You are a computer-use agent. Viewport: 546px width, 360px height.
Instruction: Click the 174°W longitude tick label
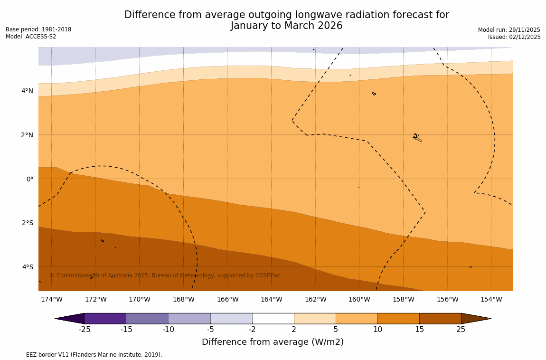pos(51,299)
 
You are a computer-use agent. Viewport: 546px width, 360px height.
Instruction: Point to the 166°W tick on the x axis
pos(227,299)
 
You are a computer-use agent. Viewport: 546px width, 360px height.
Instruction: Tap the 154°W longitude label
pos(491,299)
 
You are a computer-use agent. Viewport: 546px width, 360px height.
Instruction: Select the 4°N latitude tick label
pos(28,91)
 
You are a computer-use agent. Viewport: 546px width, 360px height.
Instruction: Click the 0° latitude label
pos(30,179)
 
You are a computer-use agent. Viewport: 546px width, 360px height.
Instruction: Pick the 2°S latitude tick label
pos(28,223)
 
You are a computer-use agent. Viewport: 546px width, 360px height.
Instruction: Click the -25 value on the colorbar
pos(85,329)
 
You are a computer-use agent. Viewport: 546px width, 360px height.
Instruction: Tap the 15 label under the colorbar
pos(419,329)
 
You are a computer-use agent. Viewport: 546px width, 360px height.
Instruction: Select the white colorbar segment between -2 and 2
pos(273,318)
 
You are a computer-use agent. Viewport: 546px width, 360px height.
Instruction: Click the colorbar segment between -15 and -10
pos(148,318)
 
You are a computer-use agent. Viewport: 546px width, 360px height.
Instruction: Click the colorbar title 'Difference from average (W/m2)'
pos(273,342)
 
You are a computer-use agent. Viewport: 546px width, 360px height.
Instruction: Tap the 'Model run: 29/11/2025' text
pos(509,29)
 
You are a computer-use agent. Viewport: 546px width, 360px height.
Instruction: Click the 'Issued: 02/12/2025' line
pos(514,37)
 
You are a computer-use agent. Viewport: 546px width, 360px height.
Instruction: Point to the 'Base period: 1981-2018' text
pos(38,29)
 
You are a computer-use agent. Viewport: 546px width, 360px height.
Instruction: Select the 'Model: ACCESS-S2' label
pos(31,37)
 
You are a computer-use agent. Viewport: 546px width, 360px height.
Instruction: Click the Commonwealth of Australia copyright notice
pos(165,275)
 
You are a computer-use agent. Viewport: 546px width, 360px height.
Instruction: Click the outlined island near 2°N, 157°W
pos(417,138)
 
